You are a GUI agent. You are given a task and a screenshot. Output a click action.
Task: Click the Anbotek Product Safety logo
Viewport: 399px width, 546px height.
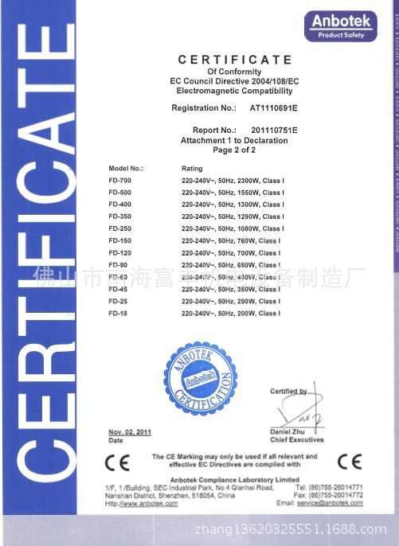click(340, 25)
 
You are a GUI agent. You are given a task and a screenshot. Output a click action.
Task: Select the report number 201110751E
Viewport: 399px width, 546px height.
click(273, 129)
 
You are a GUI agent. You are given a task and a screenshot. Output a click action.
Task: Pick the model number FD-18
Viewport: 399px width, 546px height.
click(118, 314)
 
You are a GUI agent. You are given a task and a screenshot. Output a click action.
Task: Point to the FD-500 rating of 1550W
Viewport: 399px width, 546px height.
click(231, 193)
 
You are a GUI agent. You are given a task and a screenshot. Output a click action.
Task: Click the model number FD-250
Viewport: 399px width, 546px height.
click(119, 228)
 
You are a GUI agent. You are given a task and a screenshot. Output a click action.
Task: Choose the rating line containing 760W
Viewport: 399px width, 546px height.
click(231, 240)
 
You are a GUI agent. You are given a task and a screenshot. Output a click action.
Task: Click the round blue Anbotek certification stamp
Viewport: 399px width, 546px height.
click(201, 380)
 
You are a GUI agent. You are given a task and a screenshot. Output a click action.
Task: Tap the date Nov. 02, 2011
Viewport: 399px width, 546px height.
click(129, 431)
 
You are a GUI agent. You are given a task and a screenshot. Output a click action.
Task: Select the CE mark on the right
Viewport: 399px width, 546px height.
click(349, 462)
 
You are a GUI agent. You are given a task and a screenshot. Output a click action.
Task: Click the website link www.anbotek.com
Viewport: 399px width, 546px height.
click(144, 504)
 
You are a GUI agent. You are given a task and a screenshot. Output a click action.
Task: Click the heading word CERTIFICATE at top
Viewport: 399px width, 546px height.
click(235, 60)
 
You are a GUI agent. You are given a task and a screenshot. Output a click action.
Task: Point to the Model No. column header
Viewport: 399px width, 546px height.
click(126, 169)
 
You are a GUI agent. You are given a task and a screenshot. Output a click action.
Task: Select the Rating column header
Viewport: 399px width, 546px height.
click(193, 169)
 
